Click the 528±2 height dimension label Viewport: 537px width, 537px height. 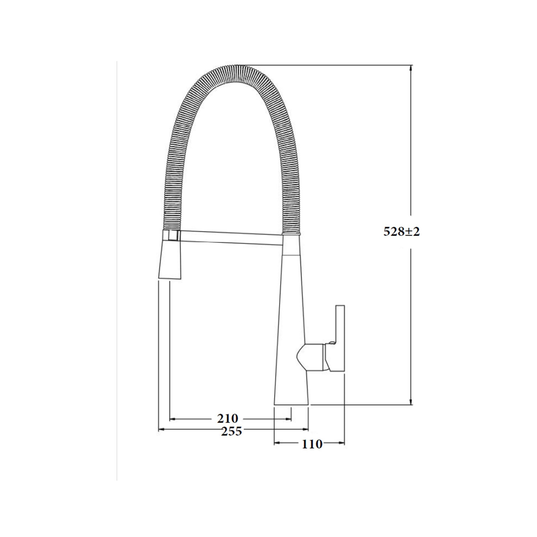(x=402, y=232)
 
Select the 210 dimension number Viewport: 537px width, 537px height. (x=228, y=418)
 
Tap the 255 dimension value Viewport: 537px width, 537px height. (x=232, y=431)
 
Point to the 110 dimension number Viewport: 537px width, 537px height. (x=312, y=444)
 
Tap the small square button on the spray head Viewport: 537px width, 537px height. (x=174, y=235)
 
